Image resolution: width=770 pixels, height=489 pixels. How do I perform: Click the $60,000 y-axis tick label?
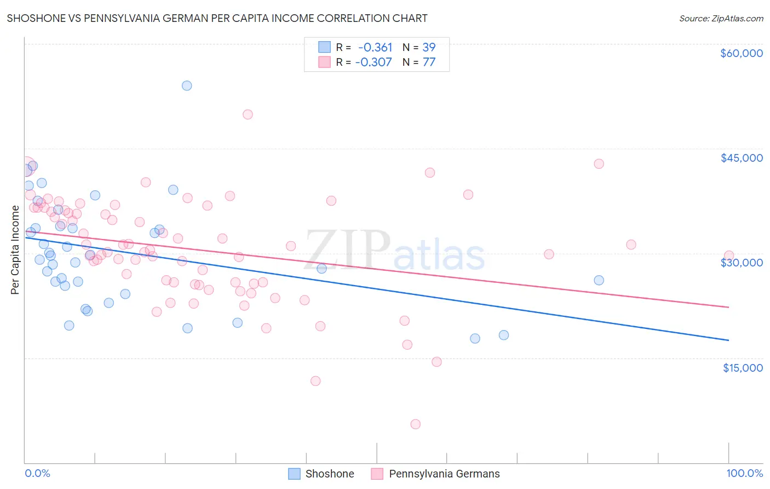[x=741, y=53]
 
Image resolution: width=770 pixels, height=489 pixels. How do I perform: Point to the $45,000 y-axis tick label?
[x=741, y=158]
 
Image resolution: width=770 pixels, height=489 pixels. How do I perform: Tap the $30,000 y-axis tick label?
[x=741, y=263]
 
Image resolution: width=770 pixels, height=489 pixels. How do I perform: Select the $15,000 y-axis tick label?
[x=743, y=368]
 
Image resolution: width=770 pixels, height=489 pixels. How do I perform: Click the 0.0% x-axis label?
[x=37, y=474]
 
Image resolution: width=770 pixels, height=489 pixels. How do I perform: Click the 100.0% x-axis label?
[x=744, y=474]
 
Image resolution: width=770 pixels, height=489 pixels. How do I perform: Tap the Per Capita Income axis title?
[x=15, y=249]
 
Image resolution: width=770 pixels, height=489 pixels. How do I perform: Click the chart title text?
[x=217, y=18]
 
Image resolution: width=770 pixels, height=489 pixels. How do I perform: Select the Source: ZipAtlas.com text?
[x=721, y=19]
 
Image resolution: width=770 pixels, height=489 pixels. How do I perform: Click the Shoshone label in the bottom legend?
[x=330, y=474]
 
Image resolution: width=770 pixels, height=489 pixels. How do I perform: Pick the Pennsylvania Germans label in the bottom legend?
[x=444, y=474]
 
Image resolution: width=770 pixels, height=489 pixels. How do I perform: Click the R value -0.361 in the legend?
[x=375, y=47]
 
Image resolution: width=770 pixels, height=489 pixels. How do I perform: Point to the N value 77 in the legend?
[x=429, y=62]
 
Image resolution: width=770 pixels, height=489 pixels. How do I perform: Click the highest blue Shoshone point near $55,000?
[x=187, y=86]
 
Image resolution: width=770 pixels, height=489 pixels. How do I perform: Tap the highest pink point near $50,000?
[x=248, y=115]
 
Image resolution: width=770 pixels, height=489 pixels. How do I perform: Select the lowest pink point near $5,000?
[x=415, y=424]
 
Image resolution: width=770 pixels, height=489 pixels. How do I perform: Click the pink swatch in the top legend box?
[x=325, y=62]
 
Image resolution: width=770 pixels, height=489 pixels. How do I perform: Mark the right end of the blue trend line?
[x=728, y=340]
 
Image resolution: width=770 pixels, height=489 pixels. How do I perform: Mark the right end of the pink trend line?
[x=728, y=307]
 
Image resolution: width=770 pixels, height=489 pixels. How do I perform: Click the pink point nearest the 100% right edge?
[x=728, y=255]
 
